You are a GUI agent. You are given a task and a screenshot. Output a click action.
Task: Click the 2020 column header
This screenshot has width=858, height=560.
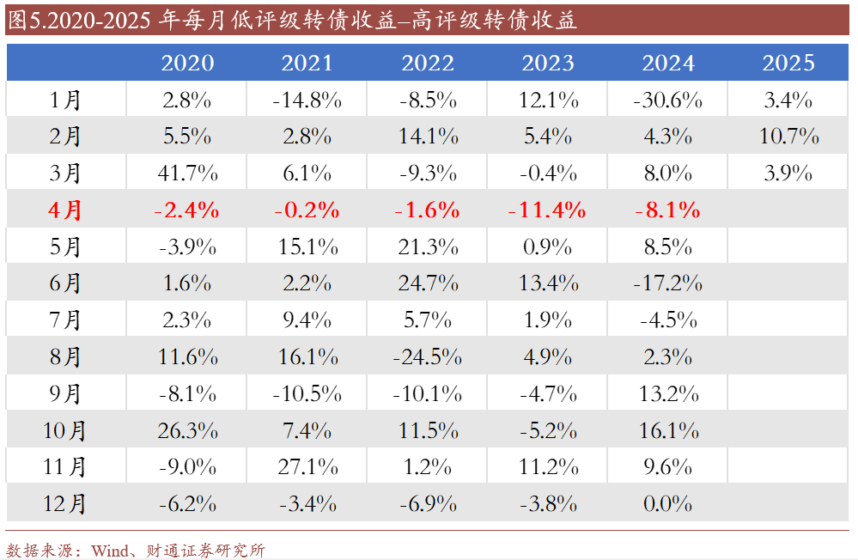(x=187, y=63)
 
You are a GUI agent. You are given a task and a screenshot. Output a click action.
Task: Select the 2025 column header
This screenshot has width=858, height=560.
(x=788, y=63)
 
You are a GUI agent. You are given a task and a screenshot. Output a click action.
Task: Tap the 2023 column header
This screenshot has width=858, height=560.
(x=548, y=63)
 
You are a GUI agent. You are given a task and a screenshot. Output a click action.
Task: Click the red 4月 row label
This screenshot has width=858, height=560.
(x=65, y=210)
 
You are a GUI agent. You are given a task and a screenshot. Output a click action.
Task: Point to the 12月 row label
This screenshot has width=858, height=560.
(x=65, y=503)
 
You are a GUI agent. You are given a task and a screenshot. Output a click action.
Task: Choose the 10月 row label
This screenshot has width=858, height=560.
(x=65, y=430)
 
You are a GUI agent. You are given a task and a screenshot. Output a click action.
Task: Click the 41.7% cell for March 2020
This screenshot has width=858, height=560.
(x=187, y=173)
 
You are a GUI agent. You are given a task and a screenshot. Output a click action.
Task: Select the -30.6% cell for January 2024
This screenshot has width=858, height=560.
(x=667, y=100)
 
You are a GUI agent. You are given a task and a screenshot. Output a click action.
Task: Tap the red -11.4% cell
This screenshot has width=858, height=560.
(x=547, y=210)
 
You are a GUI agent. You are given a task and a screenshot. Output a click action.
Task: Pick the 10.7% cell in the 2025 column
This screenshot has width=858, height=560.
(x=788, y=137)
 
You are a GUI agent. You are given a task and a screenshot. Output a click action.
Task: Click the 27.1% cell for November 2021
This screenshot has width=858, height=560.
(x=307, y=466)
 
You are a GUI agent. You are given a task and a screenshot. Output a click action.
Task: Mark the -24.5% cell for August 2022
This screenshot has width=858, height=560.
(x=427, y=356)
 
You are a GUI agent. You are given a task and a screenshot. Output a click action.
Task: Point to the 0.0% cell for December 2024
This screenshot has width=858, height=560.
(x=667, y=503)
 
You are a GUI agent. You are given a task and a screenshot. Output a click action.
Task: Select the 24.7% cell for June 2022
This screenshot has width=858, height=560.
(x=428, y=283)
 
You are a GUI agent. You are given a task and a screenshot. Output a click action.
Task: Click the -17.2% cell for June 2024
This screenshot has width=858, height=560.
(x=667, y=283)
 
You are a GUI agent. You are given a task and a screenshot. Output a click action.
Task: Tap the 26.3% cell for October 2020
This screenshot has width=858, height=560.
(x=187, y=430)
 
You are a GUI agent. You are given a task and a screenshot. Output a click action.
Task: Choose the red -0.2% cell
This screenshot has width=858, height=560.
(x=307, y=210)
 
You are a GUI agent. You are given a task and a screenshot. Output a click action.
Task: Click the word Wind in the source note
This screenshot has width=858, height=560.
(x=109, y=550)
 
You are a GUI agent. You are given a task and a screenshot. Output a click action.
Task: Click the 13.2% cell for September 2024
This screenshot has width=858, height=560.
(x=667, y=393)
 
